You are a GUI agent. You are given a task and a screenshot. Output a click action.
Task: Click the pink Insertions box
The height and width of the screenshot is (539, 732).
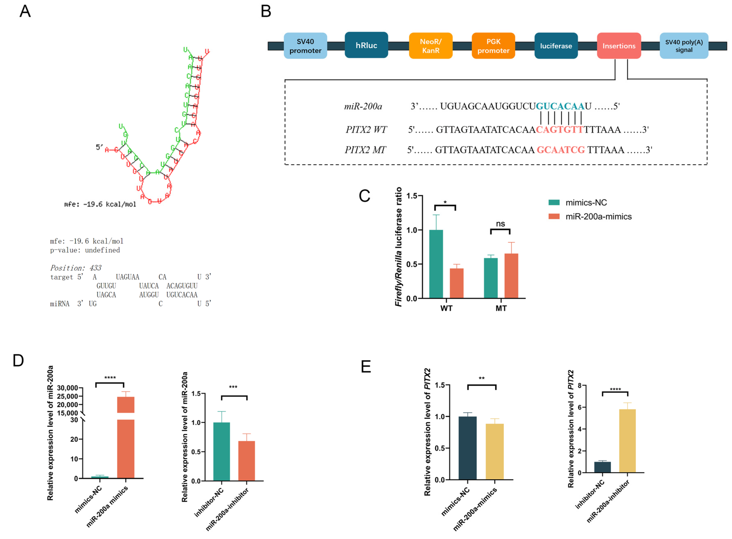tap(619, 46)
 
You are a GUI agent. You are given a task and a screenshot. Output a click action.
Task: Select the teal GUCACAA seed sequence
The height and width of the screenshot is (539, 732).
tap(560, 106)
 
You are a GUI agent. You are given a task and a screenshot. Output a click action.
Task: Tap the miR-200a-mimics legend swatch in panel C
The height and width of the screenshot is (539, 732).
tap(554, 216)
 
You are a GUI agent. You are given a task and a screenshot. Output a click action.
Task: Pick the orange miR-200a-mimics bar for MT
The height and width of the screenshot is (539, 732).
tap(511, 276)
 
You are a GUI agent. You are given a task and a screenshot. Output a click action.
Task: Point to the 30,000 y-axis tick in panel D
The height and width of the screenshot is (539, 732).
tap(67, 388)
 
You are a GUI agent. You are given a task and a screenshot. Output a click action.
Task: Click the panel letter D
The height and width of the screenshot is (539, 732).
tap(18, 361)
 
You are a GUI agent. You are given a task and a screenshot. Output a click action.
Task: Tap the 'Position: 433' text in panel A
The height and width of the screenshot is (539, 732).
tap(76, 268)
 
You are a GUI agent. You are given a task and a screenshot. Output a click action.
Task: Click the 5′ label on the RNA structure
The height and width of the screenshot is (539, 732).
tap(99, 147)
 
